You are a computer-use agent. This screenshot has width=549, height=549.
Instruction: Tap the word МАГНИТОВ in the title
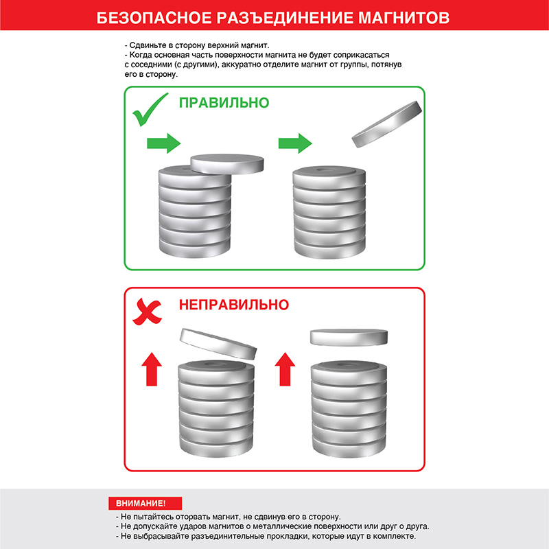pyautogui.click(x=405, y=18)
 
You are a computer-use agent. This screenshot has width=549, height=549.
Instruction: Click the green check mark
pyautogui.click(x=150, y=110)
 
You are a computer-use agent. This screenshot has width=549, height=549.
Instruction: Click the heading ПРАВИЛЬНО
pyautogui.click(x=224, y=104)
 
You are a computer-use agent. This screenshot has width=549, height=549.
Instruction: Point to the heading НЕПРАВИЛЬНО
pyautogui.click(x=234, y=305)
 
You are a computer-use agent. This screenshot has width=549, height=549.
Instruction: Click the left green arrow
pyautogui.click(x=163, y=143)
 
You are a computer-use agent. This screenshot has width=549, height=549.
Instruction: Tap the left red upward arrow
pyautogui.click(x=152, y=370)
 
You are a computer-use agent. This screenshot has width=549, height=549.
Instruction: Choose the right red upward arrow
pyautogui.click(x=284, y=370)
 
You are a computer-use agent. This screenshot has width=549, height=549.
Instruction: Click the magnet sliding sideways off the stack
pyautogui.click(x=227, y=163)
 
